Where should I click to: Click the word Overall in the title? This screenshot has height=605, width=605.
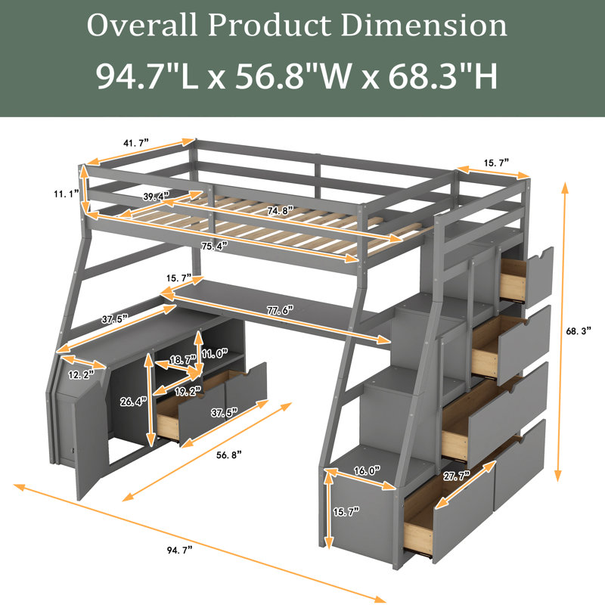click(x=142, y=25)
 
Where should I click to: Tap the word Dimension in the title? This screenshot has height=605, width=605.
click(x=423, y=25)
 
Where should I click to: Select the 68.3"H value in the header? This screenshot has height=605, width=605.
click(x=442, y=76)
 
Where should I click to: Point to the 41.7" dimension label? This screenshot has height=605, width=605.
click(x=136, y=143)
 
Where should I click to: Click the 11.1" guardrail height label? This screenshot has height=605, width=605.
click(x=67, y=194)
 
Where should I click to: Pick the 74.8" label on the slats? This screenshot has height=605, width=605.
click(x=280, y=211)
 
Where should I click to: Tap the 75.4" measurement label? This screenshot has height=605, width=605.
click(x=214, y=246)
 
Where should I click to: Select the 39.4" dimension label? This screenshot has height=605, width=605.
click(x=157, y=196)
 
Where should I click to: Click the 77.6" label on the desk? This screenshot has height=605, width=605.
click(x=280, y=309)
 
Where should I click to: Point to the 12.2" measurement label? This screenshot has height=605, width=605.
click(x=82, y=374)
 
